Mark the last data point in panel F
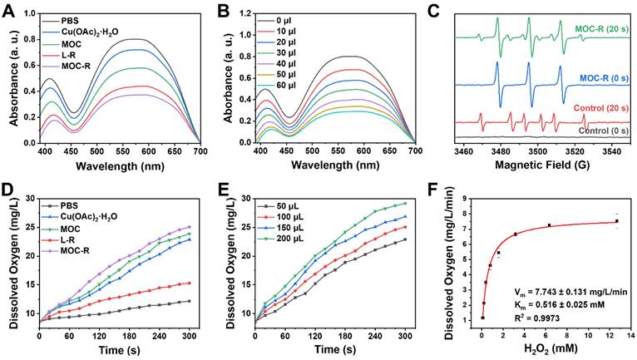tap(617, 221)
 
